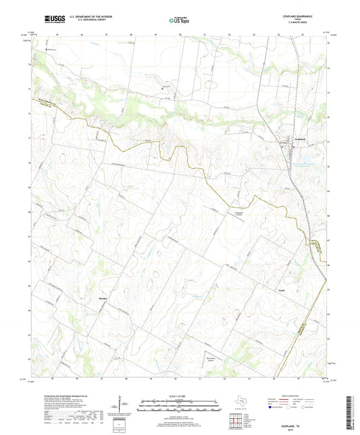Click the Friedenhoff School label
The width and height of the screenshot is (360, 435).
click(233, 209)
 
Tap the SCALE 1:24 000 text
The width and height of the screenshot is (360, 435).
click(179, 396)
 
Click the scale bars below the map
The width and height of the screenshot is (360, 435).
click(179, 407)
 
